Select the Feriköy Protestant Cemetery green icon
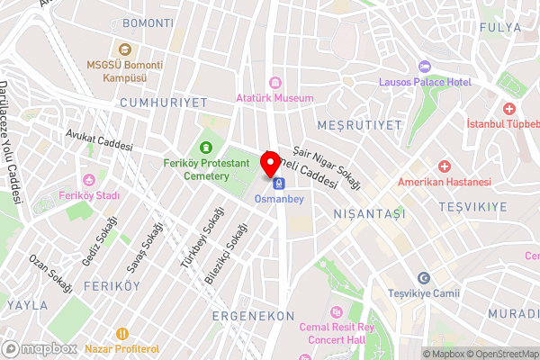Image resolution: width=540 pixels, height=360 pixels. coord(206,148)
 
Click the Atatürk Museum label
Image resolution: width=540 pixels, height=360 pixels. coord(274,97)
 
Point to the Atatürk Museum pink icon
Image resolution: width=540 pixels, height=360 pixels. coord(274,83)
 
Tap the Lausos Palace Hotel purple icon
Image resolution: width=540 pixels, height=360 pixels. coord(425,67)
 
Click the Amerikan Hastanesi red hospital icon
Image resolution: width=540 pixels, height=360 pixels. coord(444,166)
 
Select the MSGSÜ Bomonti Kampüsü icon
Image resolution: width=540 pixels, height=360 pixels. coord(124,51)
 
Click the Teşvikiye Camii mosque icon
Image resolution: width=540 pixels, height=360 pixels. coord(423,279)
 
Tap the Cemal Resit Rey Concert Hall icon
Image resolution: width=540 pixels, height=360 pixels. coord(337,311)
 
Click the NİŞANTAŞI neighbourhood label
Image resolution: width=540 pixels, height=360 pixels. coord(369,213)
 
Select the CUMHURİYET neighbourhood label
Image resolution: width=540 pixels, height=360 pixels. coord(163,103)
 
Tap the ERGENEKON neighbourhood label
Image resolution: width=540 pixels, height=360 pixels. coord(253,316)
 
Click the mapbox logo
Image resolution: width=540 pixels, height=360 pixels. coord(38,348)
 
